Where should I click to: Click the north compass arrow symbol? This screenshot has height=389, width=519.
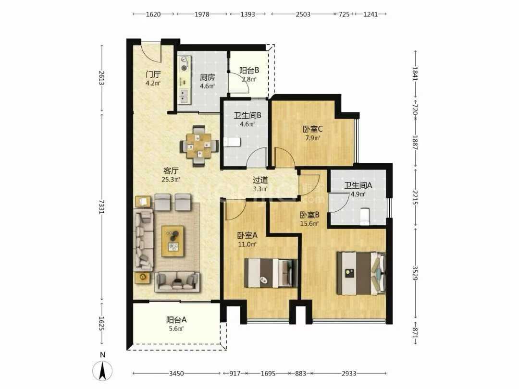103,371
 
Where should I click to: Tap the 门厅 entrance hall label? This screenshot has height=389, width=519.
153,74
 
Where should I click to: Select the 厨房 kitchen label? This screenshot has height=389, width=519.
208,77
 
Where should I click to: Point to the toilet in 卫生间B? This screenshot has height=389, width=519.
232,142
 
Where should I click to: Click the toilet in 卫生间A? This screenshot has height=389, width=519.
364,216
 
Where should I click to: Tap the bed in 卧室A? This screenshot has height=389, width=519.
271,273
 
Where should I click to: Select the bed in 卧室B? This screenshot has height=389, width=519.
361,273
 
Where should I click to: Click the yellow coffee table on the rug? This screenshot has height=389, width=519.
173,241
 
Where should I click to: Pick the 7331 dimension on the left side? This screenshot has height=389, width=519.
101,207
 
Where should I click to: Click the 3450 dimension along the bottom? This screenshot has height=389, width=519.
176,374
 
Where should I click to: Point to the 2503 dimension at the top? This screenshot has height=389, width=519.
303,14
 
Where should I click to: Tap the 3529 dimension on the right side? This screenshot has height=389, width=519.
415,272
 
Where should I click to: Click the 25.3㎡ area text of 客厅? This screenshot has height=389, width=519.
171,180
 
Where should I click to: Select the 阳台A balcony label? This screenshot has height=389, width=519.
176,320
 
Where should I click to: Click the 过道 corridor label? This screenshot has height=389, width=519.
260,180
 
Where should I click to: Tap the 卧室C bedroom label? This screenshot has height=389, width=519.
312,129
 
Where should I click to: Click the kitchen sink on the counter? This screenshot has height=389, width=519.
183,96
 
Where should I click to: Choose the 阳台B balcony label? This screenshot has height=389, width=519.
249,71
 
